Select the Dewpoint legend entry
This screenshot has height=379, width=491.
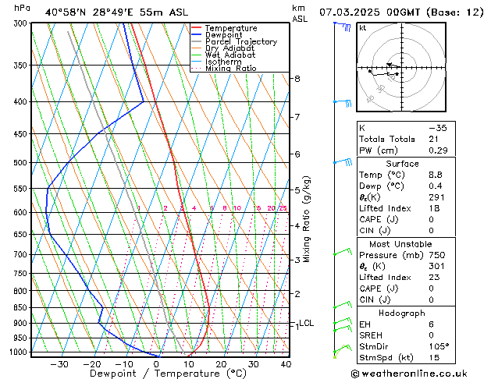click(x=224, y=35)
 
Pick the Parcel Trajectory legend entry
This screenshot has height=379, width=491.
click(x=240, y=42)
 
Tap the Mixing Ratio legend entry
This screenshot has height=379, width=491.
click(x=230, y=69)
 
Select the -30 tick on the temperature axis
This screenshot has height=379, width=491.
click(x=59, y=363)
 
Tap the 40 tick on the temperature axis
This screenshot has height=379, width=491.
click(x=286, y=363)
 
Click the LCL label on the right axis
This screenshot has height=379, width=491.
click(x=307, y=323)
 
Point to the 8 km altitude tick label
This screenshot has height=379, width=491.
click(x=297, y=79)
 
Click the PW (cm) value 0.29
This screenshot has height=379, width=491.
click(x=436, y=151)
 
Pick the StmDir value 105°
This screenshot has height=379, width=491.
click(x=438, y=346)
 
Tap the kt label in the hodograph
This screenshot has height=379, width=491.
click(x=363, y=28)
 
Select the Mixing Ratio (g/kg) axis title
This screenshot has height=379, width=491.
click(x=308, y=219)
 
